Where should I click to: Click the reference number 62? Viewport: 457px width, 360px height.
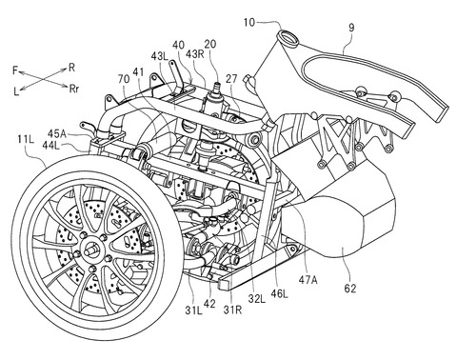coord(349,289)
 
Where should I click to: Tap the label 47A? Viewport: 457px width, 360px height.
coord(308,280)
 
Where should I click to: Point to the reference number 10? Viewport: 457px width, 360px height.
coord(249,23)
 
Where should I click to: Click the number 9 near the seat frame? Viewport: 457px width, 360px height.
coord(351,28)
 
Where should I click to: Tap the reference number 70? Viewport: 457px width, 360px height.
coord(124,79)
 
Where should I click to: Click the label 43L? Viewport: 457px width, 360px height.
coord(162,57)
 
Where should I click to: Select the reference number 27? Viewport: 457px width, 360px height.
coord(231,79)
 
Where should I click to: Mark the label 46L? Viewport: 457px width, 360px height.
coord(278,294)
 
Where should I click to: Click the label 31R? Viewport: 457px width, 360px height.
coord(232,310)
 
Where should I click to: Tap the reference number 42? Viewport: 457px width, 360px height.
coord(209,304)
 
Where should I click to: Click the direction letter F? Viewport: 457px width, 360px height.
coord(15,70)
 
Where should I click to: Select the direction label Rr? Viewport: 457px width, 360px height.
coord(73,89)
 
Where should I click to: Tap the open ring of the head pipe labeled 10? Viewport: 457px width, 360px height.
coord(288,36)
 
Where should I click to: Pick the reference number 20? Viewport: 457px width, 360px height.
coord(210,44)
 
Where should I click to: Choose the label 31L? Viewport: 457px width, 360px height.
coord(193,310)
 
